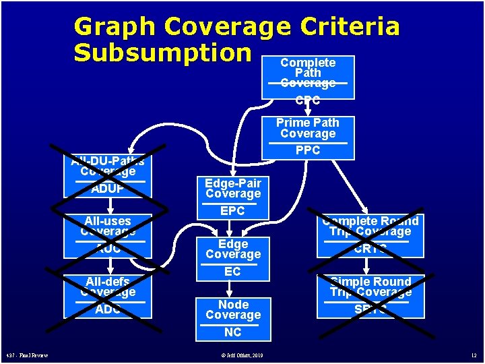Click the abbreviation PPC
[x=308, y=150]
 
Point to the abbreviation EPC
[x=233, y=211]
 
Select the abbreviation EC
[x=233, y=272]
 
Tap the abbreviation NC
[x=233, y=332]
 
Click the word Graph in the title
[x=115, y=27]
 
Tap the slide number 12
[x=474, y=355]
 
